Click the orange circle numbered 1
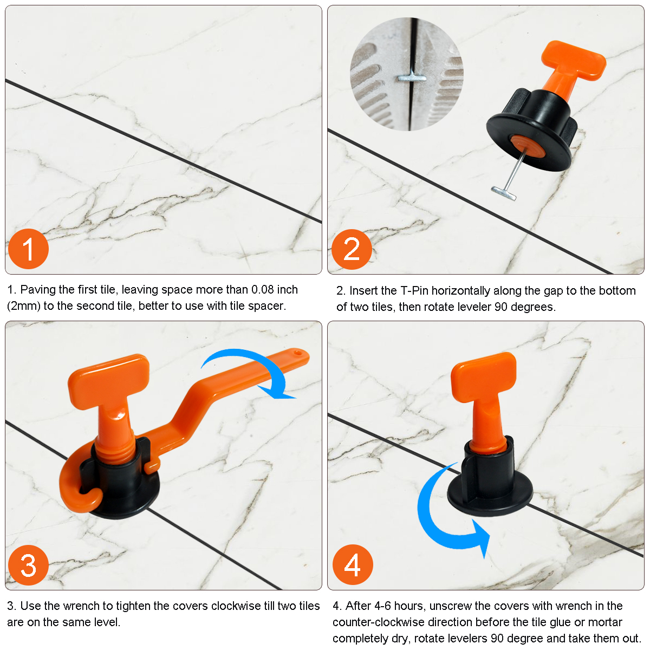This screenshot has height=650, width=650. [x=28, y=249]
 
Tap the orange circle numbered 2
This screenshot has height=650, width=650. [x=352, y=249]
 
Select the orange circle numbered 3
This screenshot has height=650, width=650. [x=28, y=565]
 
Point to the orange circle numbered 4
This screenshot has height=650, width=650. [x=353, y=564]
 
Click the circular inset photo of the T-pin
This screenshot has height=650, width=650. [x=406, y=74]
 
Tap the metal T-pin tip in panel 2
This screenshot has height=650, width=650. [x=503, y=193]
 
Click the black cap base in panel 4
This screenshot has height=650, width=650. [x=489, y=486]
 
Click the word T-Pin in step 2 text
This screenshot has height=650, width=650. [x=414, y=291]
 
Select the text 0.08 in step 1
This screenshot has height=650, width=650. [x=262, y=290]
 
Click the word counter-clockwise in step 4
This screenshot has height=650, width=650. [x=379, y=622]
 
